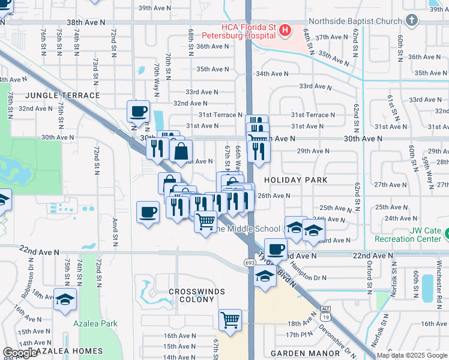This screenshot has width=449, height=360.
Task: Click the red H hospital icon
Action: pos(285,29)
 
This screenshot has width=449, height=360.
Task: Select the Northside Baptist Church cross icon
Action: pos(411,21)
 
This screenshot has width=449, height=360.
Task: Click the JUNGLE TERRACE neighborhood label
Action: pos(62,95)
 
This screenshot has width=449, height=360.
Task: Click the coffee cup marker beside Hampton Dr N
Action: pos(276,249)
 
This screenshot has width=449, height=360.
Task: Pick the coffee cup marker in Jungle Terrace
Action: pos(138,112)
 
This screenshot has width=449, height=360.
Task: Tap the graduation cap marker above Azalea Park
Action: pos(65,300)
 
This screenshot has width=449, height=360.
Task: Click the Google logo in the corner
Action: pos(20,353)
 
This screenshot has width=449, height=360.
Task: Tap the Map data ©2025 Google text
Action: pos(411,355)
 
